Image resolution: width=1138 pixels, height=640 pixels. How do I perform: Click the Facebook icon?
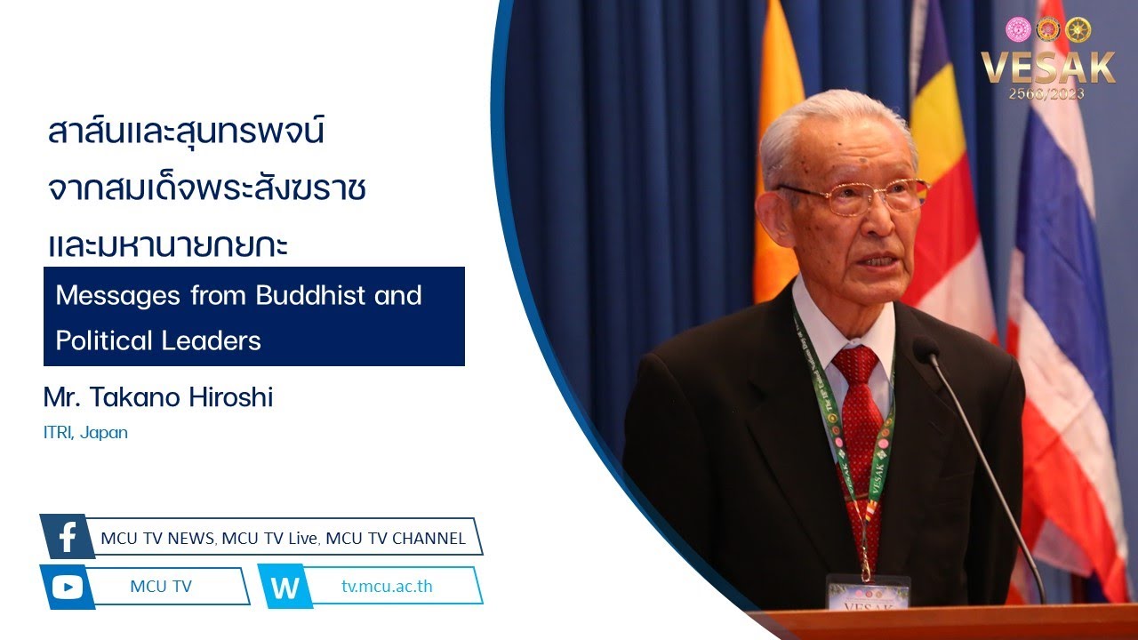pos(68,536)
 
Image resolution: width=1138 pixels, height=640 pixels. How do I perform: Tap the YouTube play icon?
pos(67,588)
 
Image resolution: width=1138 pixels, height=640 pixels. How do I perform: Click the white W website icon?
pos(285,588)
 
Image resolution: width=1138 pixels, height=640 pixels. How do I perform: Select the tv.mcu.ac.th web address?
pos(387,586)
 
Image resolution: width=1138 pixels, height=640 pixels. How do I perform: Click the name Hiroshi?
pos(231,396)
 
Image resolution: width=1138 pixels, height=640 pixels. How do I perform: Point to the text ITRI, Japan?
pos(85,433)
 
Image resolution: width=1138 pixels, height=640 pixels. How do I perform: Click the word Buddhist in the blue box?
pos(310,294)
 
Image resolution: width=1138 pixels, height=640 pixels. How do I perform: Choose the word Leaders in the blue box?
pos(211,340)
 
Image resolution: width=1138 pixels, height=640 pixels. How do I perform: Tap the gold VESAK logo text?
pos(1047,67)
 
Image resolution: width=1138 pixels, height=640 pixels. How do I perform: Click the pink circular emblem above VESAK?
pos(1018,29)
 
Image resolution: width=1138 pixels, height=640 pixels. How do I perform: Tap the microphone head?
pos(926,349)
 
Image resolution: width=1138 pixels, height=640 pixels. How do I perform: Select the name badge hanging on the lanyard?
pos(869,592)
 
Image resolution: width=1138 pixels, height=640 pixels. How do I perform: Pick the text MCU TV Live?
pos(269,539)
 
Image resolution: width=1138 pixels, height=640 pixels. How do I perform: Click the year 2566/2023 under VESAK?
pos(1046,93)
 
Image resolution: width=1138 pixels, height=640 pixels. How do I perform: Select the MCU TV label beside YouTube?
pos(161,586)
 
